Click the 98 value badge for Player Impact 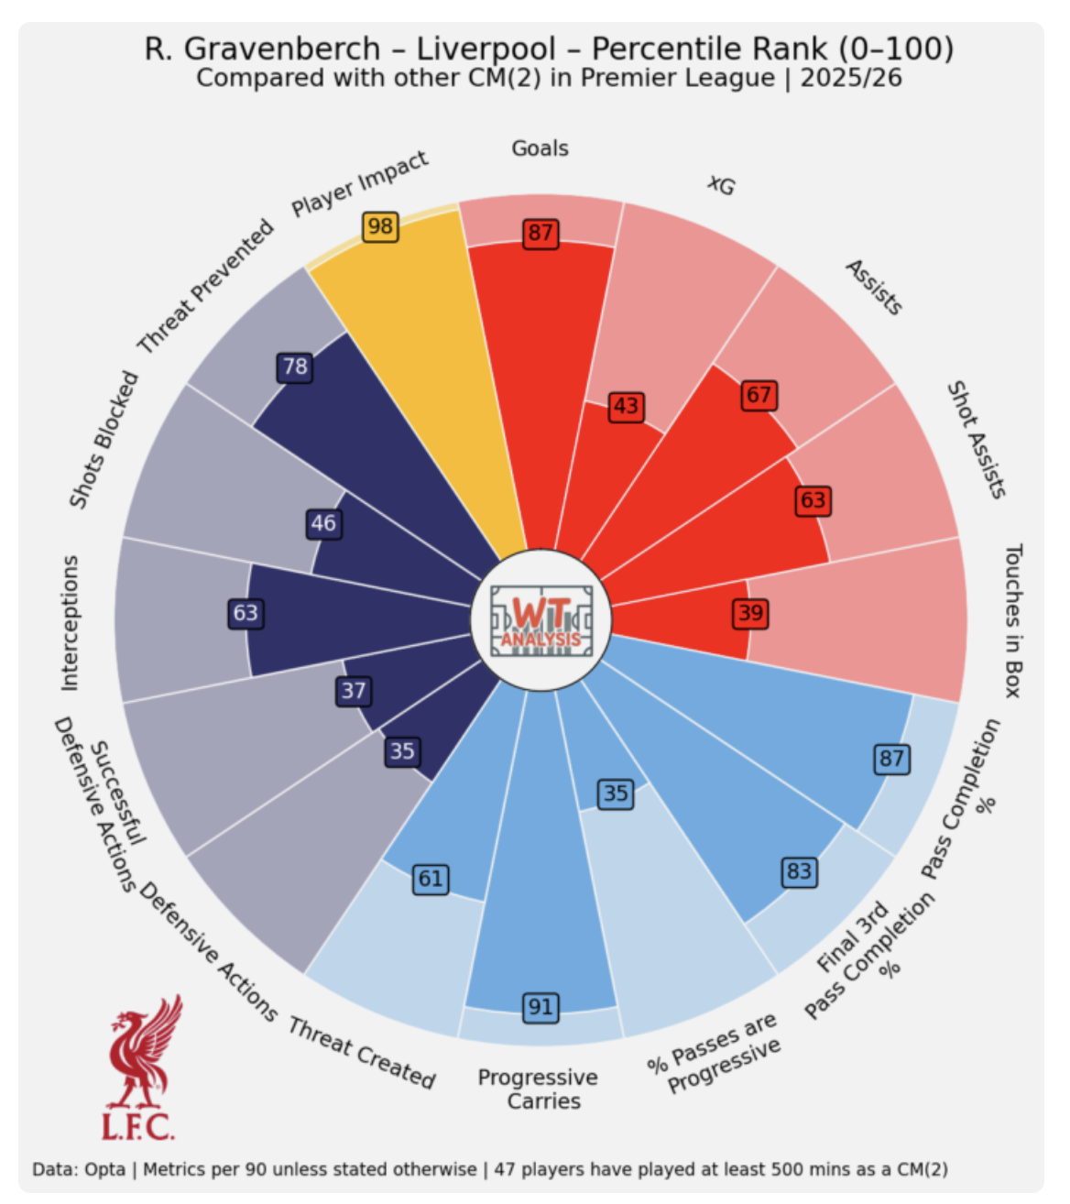pyautogui.click(x=380, y=226)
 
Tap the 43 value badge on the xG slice pyautogui.click(x=627, y=406)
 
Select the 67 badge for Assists pyautogui.click(x=759, y=395)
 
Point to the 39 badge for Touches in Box pyautogui.click(x=750, y=613)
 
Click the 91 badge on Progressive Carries pyautogui.click(x=540, y=1008)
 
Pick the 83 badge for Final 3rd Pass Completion pyautogui.click(x=799, y=870)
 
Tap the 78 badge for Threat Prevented pyautogui.click(x=295, y=367)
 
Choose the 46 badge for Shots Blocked pyautogui.click(x=323, y=523)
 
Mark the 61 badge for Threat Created pyautogui.click(x=431, y=880)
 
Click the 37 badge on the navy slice pyautogui.click(x=354, y=691)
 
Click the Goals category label pyautogui.click(x=540, y=148)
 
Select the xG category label pyautogui.click(x=721, y=185)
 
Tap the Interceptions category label pyautogui.click(x=70, y=623)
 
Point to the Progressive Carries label pyautogui.click(x=539, y=1089)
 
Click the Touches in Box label pyautogui.click(x=1012, y=620)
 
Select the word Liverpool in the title pyautogui.click(x=486, y=49)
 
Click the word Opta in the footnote pyautogui.click(x=104, y=1169)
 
